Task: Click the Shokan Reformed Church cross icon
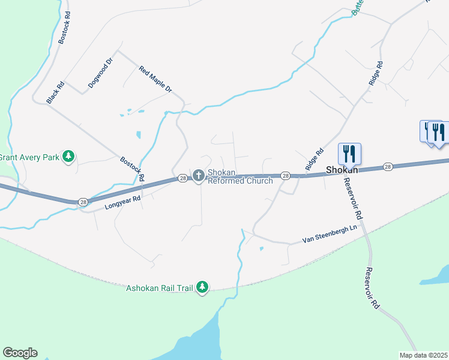(x=199, y=175)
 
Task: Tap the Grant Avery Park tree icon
(x=69, y=157)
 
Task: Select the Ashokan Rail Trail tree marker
(x=203, y=287)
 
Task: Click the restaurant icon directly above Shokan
(x=349, y=154)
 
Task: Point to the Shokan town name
(x=342, y=170)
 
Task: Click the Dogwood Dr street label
(x=100, y=73)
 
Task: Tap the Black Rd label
(x=56, y=93)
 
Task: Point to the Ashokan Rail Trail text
(x=160, y=288)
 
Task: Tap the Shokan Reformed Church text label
(x=240, y=177)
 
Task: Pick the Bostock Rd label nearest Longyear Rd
(x=132, y=169)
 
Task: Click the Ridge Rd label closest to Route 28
(x=315, y=159)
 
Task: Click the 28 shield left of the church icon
(x=182, y=178)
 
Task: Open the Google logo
(x=20, y=353)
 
